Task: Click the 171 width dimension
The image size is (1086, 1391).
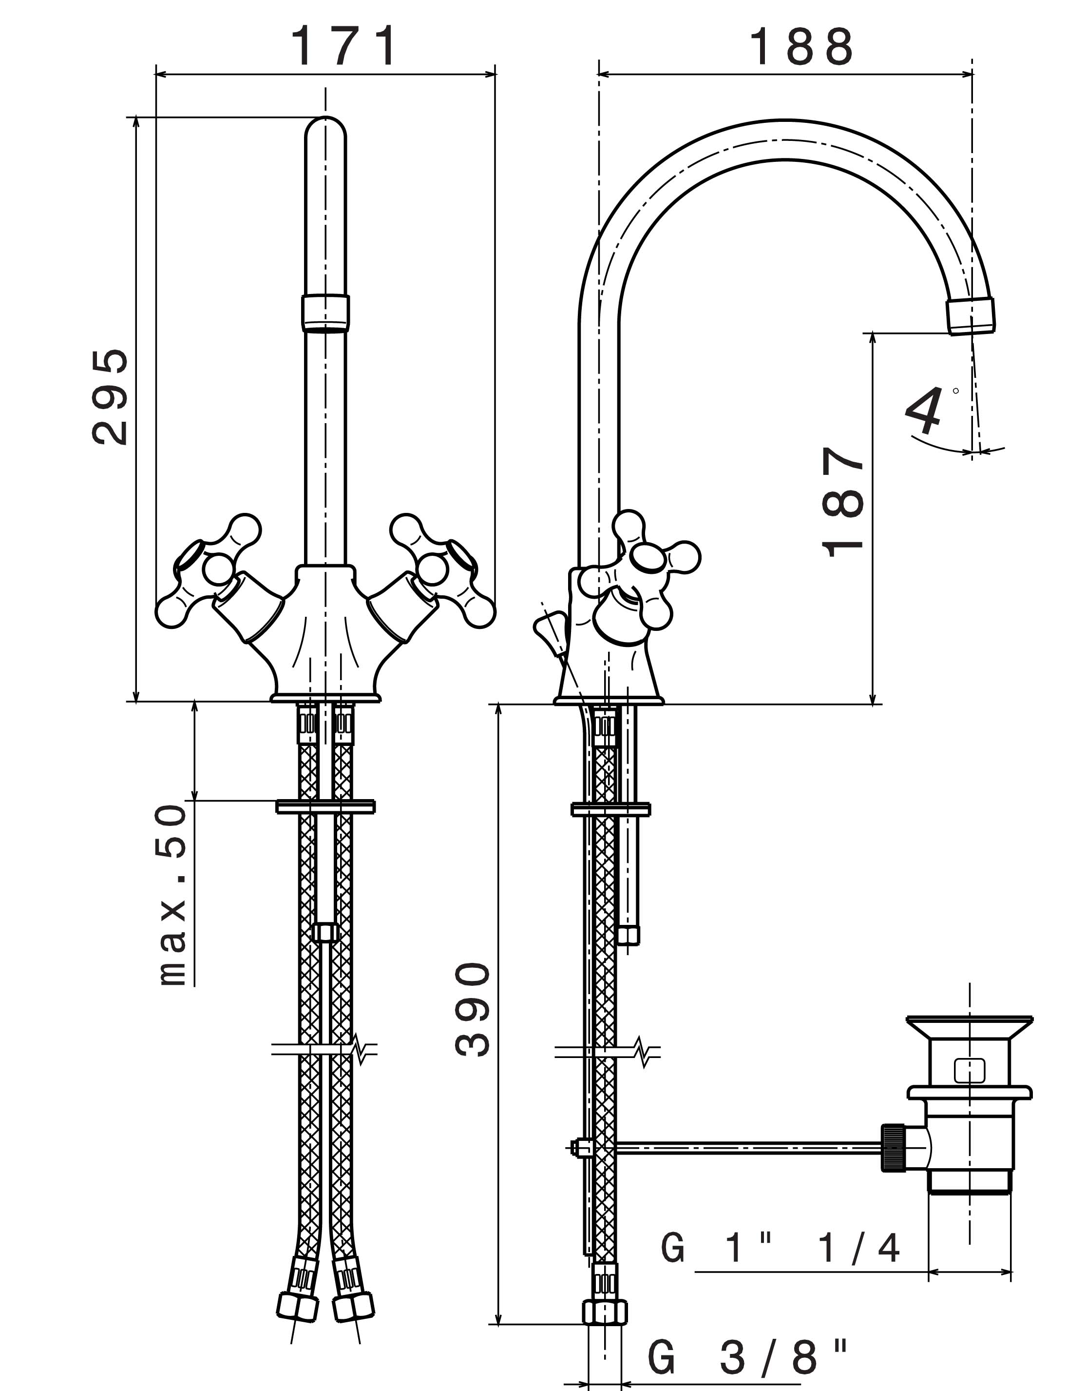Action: [x=344, y=46]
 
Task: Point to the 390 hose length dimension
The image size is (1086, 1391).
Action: [x=473, y=1008]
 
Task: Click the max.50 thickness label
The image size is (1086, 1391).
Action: [x=172, y=895]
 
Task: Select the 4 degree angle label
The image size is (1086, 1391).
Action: [x=925, y=411]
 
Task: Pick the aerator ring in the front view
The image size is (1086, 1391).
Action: [x=325, y=313]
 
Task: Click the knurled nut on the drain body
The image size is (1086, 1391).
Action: [x=890, y=1148]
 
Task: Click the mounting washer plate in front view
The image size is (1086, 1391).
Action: [x=325, y=806]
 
